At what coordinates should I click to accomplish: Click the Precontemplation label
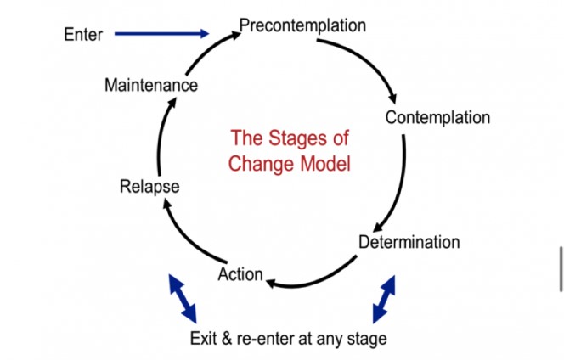[x=302, y=25]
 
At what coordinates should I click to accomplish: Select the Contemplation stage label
[x=437, y=117]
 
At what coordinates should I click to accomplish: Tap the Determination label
[x=409, y=242]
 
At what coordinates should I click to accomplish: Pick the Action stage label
[x=240, y=274]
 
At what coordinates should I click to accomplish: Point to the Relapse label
[x=149, y=187]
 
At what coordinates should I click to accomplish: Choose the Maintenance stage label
[x=151, y=86]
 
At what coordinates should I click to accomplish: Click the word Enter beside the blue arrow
[x=83, y=35]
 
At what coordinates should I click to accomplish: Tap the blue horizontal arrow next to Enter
[x=161, y=34]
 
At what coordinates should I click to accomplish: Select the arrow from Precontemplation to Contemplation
[x=375, y=59]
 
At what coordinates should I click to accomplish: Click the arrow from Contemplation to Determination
[x=402, y=178]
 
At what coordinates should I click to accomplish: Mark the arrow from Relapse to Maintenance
[x=160, y=136]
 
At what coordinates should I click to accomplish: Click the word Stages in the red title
[x=317, y=138]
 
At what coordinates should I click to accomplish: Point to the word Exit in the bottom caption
[x=205, y=339]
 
